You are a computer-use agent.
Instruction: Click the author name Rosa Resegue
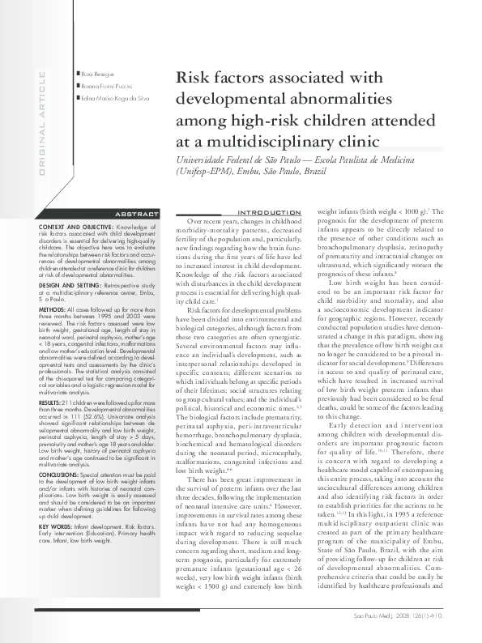96,73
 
